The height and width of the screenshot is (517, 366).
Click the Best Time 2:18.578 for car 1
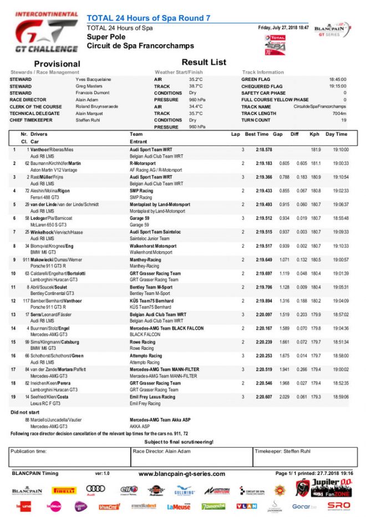pos(263,150)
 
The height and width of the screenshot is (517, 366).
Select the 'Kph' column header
pos(314,135)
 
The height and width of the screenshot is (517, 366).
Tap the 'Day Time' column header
pos(336,135)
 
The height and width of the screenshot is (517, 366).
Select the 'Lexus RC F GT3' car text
pos(46,404)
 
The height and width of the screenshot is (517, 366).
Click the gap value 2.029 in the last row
pos(284,397)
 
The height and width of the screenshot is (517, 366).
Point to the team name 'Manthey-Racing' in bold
pos(145,260)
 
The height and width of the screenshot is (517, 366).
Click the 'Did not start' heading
pos(26,412)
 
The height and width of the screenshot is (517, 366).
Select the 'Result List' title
pos(204,63)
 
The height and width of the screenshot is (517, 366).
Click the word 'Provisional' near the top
pos(57,64)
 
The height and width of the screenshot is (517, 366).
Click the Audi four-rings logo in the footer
pos(95,489)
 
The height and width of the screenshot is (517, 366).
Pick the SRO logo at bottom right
pos(339,506)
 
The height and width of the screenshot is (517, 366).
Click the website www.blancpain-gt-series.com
pos(181,474)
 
